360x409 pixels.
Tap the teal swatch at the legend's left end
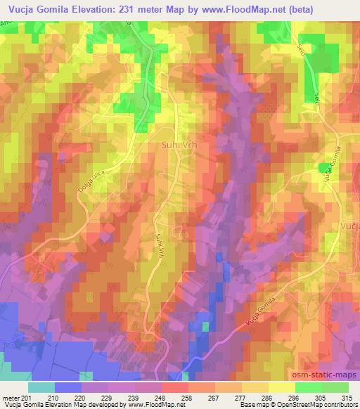click(x=41, y=387)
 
